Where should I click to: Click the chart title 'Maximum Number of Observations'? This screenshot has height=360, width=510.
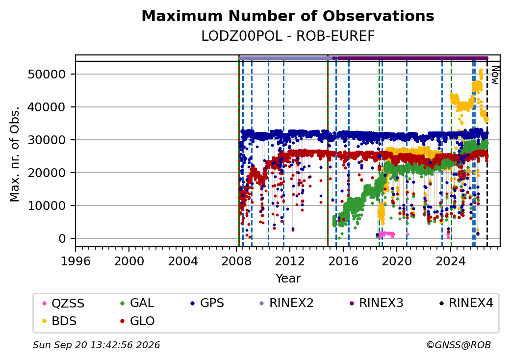point(288,16)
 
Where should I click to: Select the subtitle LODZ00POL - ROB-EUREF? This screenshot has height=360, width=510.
point(288,36)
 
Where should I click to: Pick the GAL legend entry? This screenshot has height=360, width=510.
point(137,303)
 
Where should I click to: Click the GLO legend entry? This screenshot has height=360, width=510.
point(137,321)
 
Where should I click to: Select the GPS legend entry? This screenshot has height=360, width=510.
point(207,303)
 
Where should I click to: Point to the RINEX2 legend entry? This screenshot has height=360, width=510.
point(286,303)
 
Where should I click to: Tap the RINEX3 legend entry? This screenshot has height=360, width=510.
point(376,303)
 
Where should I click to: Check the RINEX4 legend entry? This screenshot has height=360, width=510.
point(466,303)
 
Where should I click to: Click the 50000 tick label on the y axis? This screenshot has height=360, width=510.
point(47,75)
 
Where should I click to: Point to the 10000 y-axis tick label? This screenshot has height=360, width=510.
point(47,206)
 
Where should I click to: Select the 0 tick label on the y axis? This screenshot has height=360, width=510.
point(62,239)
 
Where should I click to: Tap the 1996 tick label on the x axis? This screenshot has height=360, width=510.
point(76,261)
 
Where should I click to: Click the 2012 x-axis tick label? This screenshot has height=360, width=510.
point(289,261)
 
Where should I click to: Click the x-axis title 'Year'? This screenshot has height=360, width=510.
point(288,279)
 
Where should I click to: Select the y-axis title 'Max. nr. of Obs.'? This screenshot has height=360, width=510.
point(15,154)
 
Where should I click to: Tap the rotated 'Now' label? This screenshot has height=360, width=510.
point(495,76)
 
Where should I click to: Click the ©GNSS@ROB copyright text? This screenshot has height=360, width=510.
point(459,345)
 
